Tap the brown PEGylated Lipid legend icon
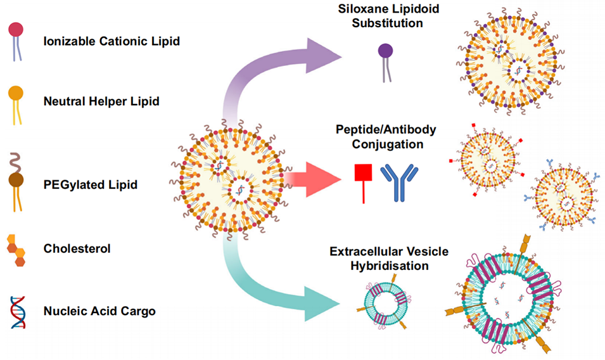(x=16, y=179)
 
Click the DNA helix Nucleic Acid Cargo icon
(x=17, y=311)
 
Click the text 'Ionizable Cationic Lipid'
(x=111, y=42)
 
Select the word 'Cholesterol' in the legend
(x=77, y=248)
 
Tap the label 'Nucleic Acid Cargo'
(x=99, y=311)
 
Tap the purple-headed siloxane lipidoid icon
(x=385, y=61)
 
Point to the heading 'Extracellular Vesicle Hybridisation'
(x=389, y=259)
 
